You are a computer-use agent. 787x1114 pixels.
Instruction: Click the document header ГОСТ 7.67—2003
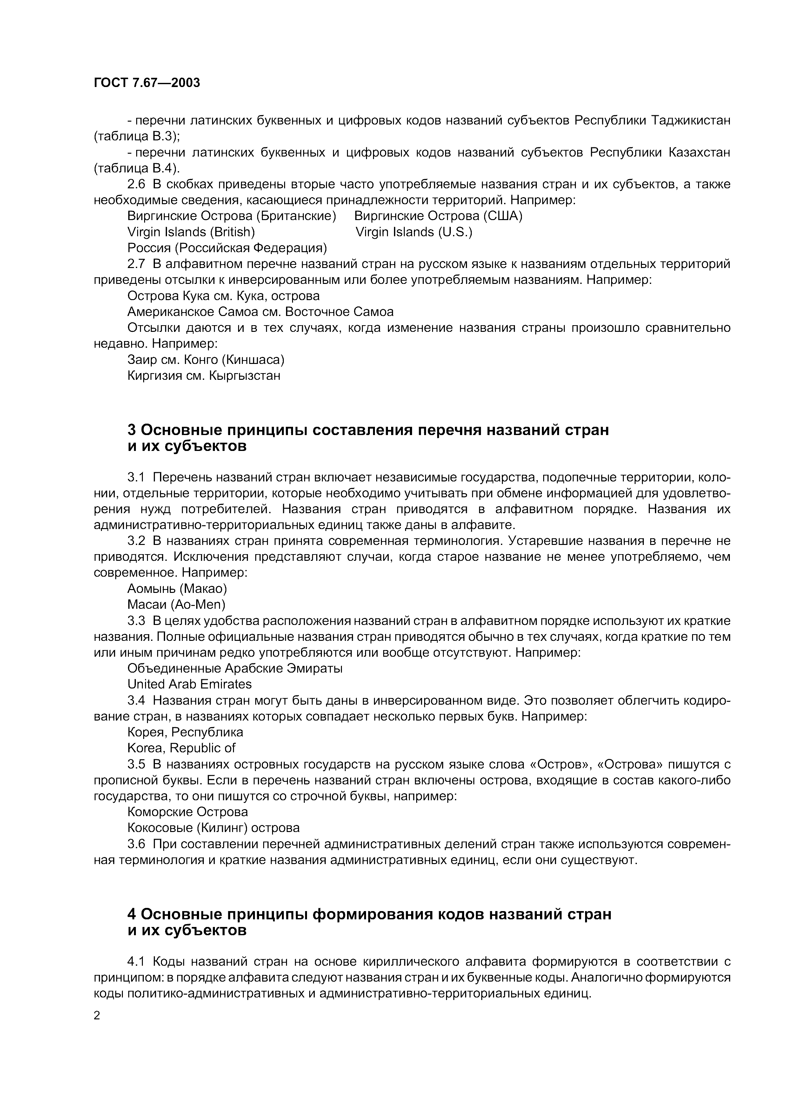pyautogui.click(x=146, y=83)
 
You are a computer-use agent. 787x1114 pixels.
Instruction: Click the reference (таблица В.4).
pyautogui.click(x=136, y=168)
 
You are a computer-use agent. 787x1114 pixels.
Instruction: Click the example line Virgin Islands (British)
pyautogui.click(x=191, y=232)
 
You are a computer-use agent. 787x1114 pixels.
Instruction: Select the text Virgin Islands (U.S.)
pyautogui.click(x=414, y=232)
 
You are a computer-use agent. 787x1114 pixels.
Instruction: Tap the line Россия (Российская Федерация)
pyautogui.click(x=227, y=248)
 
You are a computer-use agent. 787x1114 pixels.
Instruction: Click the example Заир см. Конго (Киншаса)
pyautogui.click(x=206, y=359)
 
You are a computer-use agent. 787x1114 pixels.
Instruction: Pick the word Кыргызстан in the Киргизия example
pyautogui.click(x=244, y=376)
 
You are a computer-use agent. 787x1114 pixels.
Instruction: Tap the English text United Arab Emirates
pyautogui.click(x=190, y=684)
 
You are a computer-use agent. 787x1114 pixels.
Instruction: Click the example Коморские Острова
pyautogui.click(x=188, y=812)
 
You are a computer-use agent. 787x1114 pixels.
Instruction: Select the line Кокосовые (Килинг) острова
pyautogui.click(x=213, y=828)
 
